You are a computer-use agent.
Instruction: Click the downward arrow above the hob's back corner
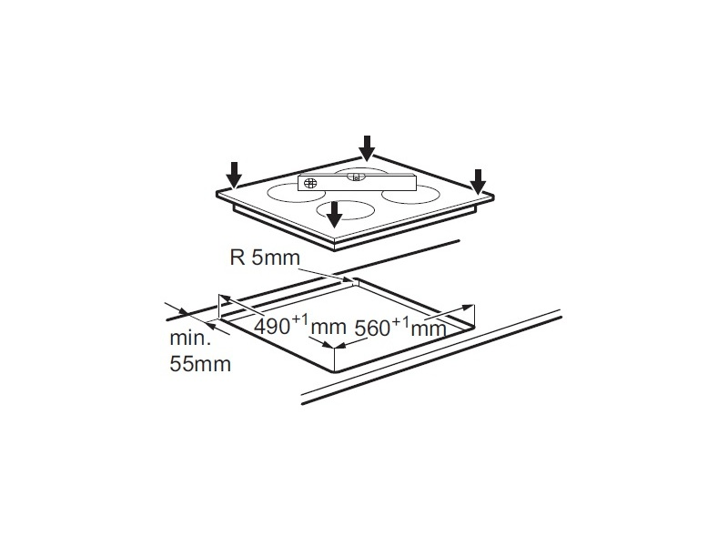(x=367, y=148)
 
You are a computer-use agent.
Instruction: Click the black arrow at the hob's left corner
(x=234, y=175)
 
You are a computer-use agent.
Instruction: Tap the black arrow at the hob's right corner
(x=478, y=182)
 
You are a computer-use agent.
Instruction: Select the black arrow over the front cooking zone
(x=334, y=215)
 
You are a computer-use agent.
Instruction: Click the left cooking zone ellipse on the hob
(x=292, y=193)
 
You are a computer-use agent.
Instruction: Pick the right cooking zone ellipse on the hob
(x=410, y=195)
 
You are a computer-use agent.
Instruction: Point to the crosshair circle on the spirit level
(x=310, y=183)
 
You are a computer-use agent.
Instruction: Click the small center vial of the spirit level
(x=356, y=177)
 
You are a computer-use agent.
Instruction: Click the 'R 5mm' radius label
(x=265, y=258)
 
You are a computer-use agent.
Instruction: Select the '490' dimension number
(x=272, y=327)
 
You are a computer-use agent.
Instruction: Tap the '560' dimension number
(x=373, y=329)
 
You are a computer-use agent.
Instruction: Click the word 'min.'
(x=190, y=338)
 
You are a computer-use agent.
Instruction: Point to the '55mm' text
(x=200, y=363)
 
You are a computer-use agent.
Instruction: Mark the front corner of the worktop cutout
(x=334, y=371)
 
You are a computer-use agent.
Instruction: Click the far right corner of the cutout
(x=474, y=327)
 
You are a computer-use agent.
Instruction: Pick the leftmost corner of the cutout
(x=219, y=318)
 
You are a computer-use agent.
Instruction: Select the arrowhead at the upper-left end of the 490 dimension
(x=225, y=298)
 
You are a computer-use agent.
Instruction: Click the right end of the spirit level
(x=416, y=182)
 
